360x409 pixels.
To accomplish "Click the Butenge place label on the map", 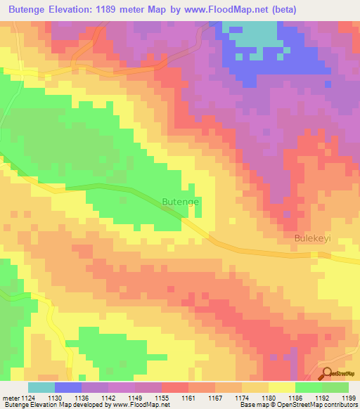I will point(181,202).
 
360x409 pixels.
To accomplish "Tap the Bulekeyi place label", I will point(311,238).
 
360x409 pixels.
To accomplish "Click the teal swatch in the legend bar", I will point(41,387).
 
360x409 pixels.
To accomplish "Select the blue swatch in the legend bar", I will point(67,387).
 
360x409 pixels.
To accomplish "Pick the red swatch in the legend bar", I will point(174,387).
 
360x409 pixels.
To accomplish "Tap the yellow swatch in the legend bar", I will point(281,387).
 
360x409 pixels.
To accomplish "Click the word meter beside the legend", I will point(11,398).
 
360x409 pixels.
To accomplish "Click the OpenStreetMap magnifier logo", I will point(328,374).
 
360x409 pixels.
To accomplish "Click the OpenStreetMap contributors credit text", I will point(316,405).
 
